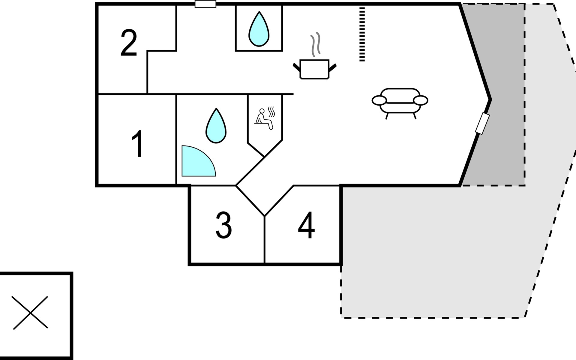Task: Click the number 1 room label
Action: pyautogui.click(x=138, y=144)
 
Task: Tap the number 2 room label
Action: pyautogui.click(x=129, y=43)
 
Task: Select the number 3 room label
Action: pyautogui.click(x=224, y=225)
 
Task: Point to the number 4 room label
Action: pyautogui.click(x=306, y=225)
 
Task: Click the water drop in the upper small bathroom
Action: pyautogui.click(x=259, y=29)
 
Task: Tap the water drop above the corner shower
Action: pyautogui.click(x=216, y=126)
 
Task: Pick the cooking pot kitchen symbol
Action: pyautogui.click(x=314, y=69)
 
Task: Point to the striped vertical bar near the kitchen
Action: pyautogui.click(x=362, y=34)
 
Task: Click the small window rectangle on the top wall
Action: pyautogui.click(x=205, y=4)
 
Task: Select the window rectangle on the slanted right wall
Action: pyautogui.click(x=482, y=123)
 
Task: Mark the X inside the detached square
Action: pyautogui.click(x=30, y=313)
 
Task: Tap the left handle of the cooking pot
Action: pyautogui.click(x=296, y=67)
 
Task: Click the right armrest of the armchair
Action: pyautogui.click(x=420, y=100)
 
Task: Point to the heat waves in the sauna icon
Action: pyautogui.click(x=271, y=112)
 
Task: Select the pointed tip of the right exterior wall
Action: pyautogui.click(x=490, y=99)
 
